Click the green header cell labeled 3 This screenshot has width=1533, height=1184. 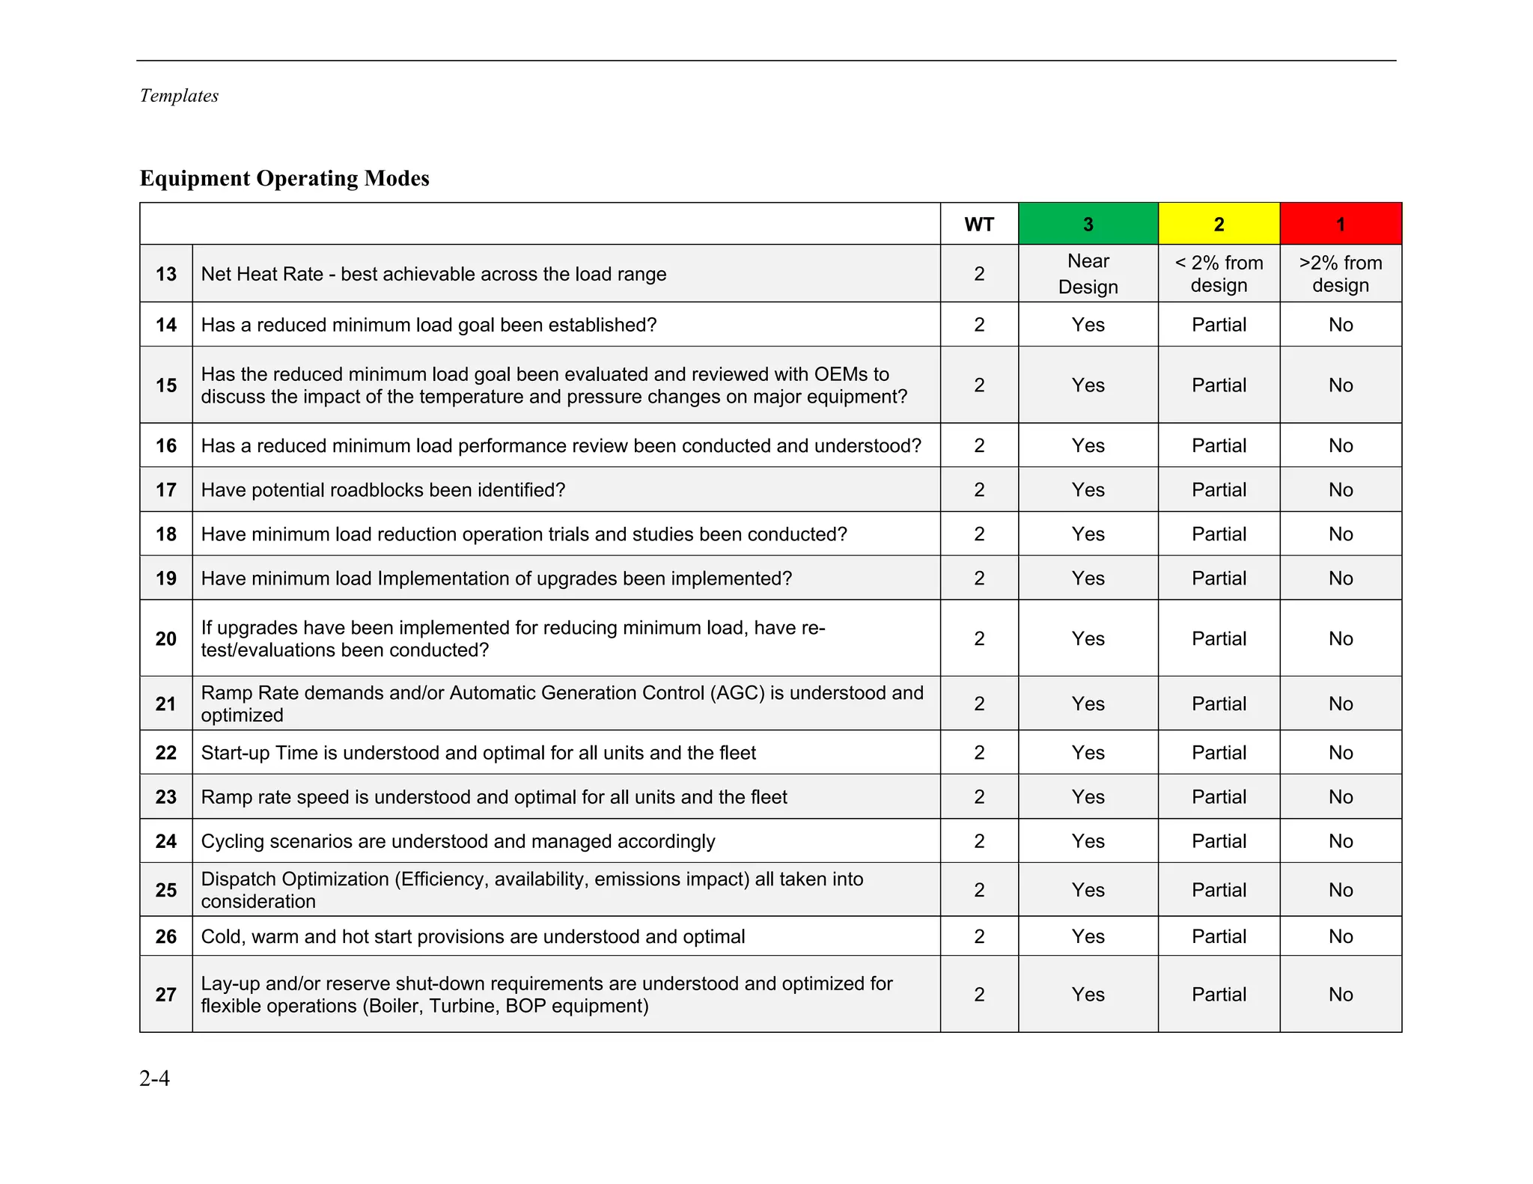coord(1088,224)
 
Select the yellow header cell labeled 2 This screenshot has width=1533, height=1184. coord(1219,224)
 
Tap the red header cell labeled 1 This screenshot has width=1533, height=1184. coord(1340,224)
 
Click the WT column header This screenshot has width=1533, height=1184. coord(979,224)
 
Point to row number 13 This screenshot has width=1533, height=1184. coord(166,274)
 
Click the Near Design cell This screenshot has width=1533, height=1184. coord(1088,274)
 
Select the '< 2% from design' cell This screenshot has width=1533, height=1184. coord(1219,274)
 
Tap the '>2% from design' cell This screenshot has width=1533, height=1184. coord(1340,274)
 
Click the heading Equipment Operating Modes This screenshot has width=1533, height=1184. coord(284,178)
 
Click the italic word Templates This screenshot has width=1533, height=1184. coord(179,96)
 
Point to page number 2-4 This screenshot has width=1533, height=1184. coord(154,1078)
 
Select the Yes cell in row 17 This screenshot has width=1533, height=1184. coord(1088,489)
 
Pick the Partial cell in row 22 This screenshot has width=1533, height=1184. coord(1219,752)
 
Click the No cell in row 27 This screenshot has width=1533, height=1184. coord(1340,994)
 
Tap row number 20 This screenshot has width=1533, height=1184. coord(166,638)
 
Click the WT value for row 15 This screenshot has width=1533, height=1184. coord(979,385)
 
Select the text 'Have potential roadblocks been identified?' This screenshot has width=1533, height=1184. coord(383,489)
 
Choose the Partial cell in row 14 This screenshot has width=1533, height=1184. coord(1219,325)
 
